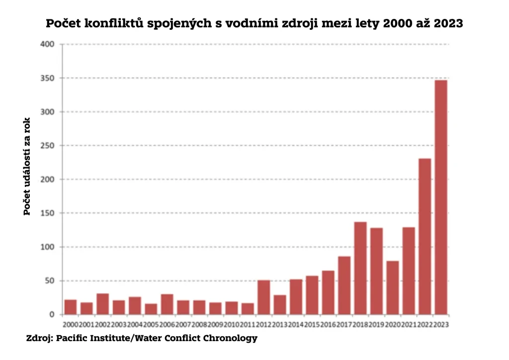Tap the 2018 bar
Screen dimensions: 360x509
click(x=360, y=268)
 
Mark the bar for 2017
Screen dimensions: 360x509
click(x=344, y=285)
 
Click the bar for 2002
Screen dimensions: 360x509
click(x=103, y=304)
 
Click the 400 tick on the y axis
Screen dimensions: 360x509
click(x=48, y=45)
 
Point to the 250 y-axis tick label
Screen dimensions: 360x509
click(x=48, y=146)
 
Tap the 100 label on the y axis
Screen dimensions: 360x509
click(x=48, y=247)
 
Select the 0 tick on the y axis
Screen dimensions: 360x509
click(x=52, y=315)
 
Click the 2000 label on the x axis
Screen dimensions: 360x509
click(x=71, y=324)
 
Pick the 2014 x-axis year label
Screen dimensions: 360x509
click(x=296, y=324)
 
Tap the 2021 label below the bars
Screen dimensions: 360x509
click(x=409, y=324)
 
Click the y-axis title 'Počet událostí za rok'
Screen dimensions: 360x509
click(x=27, y=167)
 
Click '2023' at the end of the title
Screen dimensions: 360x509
click(x=448, y=23)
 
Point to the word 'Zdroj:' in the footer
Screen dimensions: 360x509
click(x=39, y=339)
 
